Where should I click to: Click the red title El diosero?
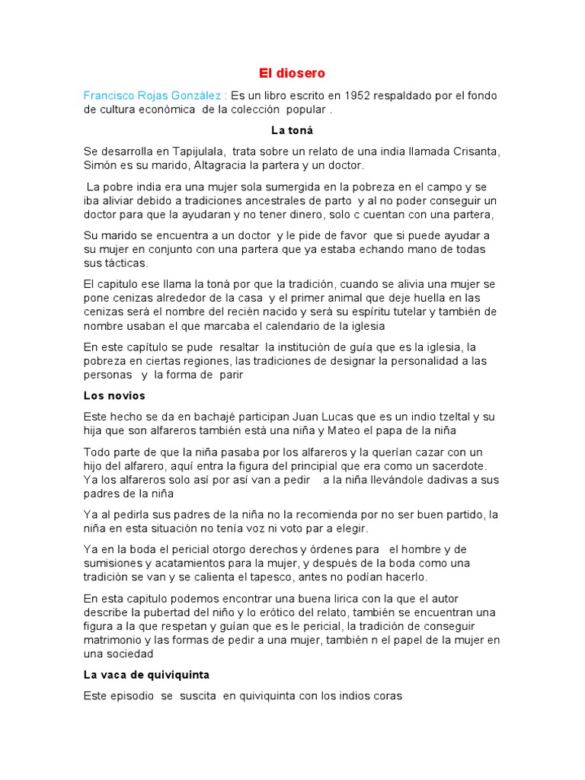point(292,73)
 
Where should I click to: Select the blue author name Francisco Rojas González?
point(152,95)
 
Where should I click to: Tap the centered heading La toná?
point(292,130)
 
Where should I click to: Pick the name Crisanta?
point(472,151)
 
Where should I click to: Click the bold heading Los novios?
point(114,396)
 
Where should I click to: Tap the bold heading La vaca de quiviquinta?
point(146,675)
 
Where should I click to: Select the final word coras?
point(385,695)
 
